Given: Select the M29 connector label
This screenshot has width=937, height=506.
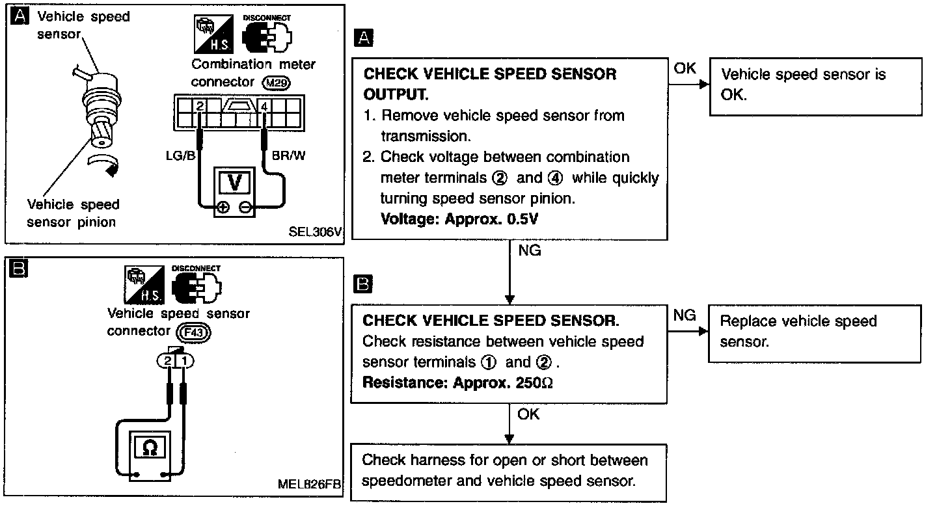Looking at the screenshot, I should click(277, 83).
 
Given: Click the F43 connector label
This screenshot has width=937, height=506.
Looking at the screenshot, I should click(196, 332).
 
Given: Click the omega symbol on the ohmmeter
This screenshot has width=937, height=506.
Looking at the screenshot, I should click(150, 447).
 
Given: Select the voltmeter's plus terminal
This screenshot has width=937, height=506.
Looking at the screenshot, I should click(223, 208).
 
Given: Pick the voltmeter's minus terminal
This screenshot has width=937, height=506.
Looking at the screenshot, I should click(245, 208).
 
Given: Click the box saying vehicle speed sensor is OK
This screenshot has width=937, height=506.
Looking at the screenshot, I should click(815, 85).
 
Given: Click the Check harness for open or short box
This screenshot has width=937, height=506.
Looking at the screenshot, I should click(509, 471).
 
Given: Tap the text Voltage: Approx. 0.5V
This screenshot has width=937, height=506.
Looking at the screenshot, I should click(459, 219).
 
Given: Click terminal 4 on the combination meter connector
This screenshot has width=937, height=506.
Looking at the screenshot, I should click(264, 105).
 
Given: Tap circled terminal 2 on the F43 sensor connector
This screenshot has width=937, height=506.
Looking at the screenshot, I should click(167, 360).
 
